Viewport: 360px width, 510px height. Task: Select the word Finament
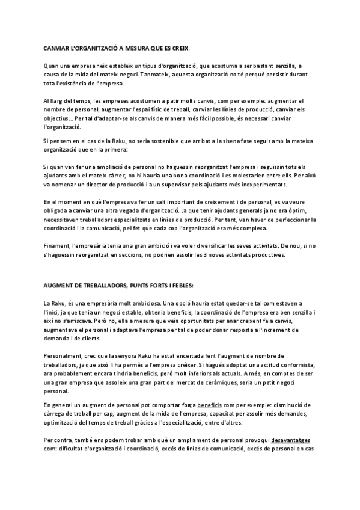point(57,247)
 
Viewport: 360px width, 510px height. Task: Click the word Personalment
point(64,357)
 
